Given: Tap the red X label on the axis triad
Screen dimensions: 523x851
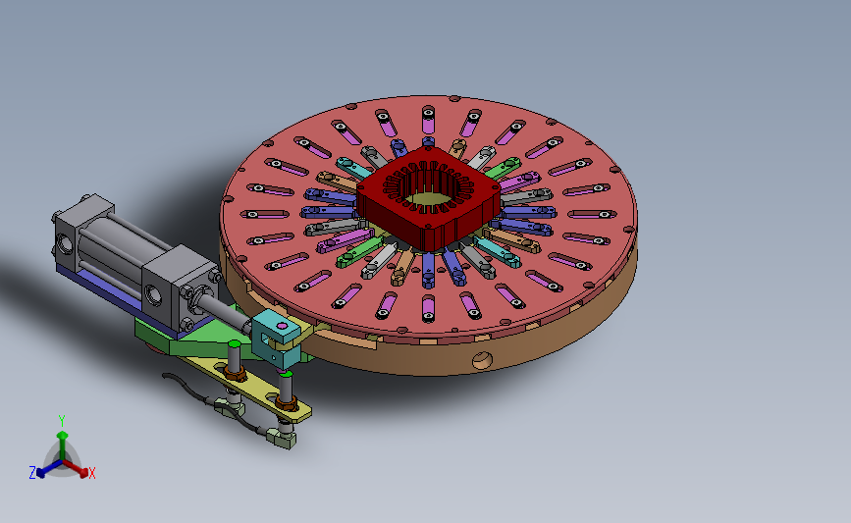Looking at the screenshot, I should coord(92,473).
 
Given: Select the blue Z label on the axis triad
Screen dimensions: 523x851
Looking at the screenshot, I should coord(32,473).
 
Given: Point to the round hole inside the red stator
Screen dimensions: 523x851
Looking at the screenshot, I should coord(428,196).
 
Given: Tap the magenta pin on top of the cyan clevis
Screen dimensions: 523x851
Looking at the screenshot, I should coord(282,324).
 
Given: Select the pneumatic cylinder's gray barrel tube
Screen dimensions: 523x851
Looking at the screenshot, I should coord(129,245).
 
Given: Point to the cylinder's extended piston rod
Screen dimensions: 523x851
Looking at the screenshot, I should coord(230,316).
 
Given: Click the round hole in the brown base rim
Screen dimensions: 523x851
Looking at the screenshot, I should coord(479,359).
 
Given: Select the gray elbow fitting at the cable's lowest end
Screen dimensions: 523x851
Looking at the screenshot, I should coord(284,440).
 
